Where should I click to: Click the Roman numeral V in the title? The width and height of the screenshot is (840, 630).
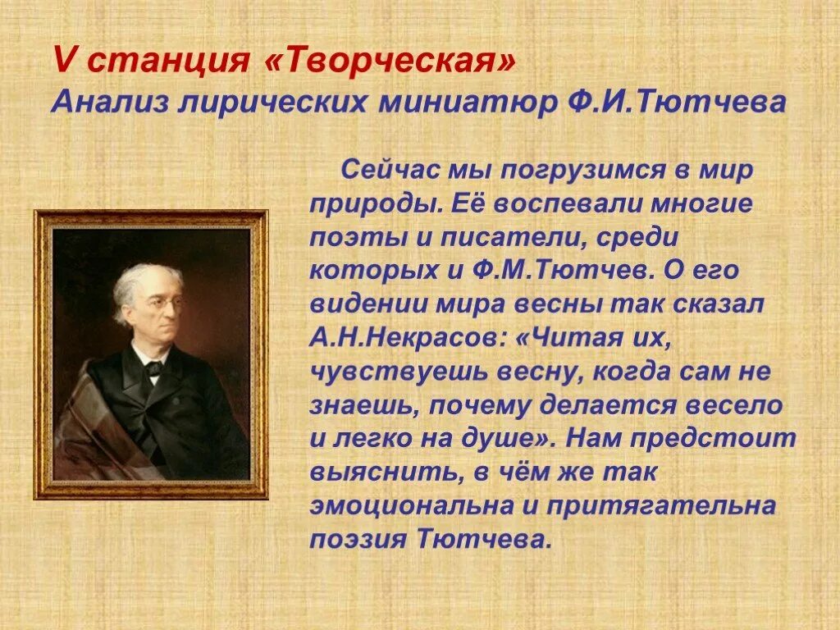coord(62,62)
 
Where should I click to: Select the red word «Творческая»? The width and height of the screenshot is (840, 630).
coord(390,62)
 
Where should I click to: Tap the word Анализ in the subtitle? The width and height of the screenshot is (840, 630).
coord(106,103)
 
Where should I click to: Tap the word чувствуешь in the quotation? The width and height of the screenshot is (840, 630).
coord(395,371)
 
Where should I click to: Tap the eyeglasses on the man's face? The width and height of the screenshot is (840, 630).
coord(166,302)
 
